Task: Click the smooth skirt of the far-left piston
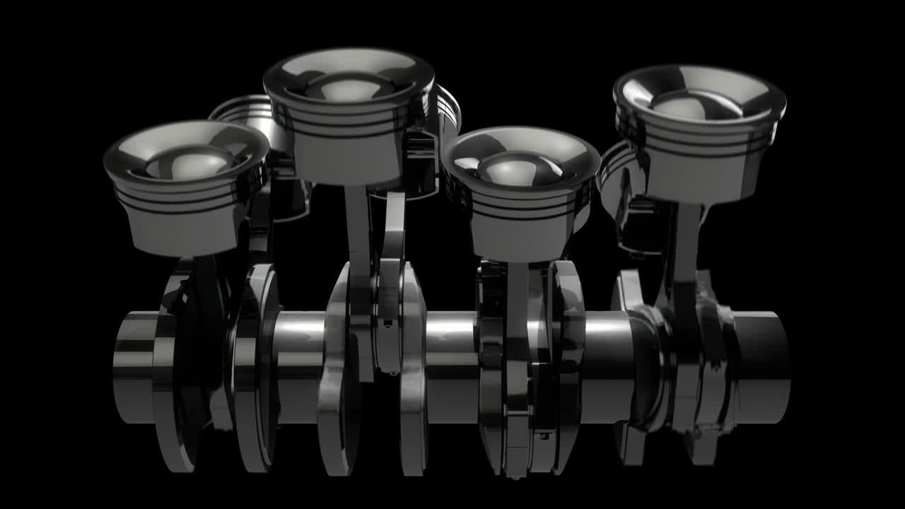click(185, 233)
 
